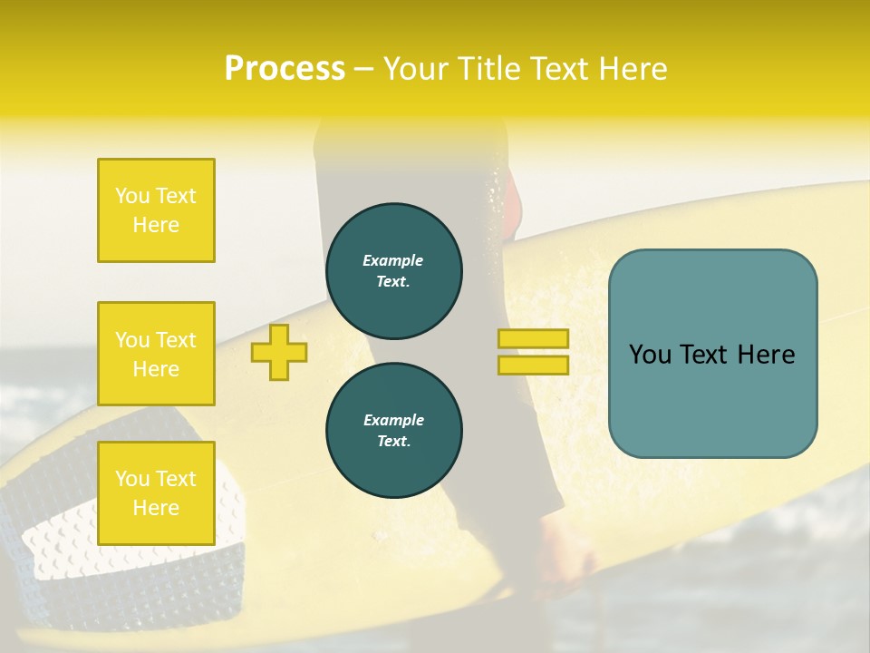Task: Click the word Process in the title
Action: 285,69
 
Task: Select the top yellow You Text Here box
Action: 156,210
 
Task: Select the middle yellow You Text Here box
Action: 156,354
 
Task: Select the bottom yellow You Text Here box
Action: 156,493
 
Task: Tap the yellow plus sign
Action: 279,352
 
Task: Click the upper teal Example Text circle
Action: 394,270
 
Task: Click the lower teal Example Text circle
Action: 394,430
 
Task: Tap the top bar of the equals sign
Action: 534,339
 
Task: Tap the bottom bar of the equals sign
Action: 534,365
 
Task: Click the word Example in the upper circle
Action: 392,260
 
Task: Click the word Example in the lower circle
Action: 393,420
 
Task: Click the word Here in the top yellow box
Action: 156,225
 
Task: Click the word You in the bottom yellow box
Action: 130,479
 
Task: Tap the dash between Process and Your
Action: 364,69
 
